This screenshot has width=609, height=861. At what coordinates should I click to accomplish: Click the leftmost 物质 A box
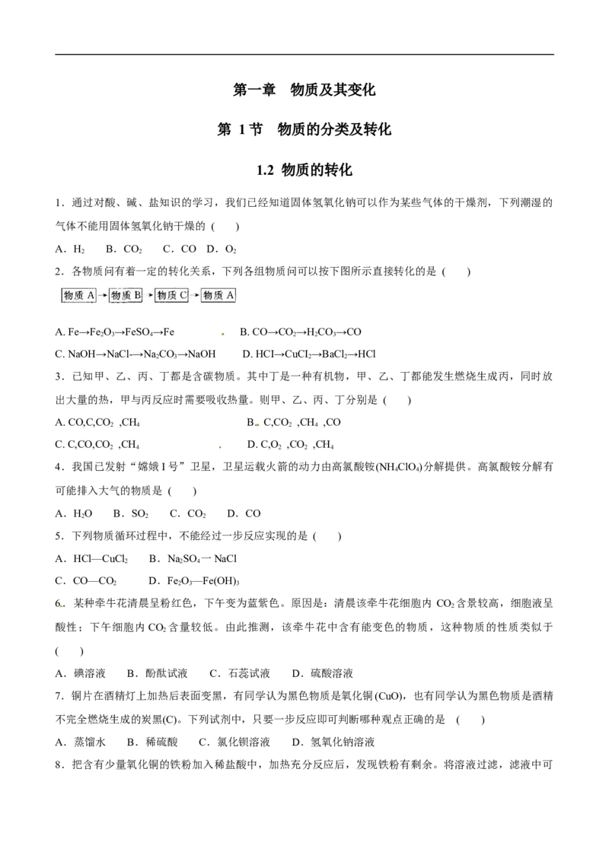79,295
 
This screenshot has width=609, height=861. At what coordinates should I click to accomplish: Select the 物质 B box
126,295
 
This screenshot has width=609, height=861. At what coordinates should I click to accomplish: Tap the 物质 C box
171,295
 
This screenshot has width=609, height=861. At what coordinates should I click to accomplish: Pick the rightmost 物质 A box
218,295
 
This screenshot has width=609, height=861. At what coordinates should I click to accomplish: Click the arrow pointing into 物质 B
103,295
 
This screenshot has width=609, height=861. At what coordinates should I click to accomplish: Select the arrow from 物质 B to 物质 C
149,295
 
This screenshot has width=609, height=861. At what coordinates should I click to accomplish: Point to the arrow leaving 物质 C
195,295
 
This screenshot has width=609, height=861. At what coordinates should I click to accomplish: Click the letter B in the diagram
137,295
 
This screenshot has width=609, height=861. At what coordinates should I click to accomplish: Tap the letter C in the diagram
183,295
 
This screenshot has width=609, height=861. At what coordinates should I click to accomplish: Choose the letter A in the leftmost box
91,295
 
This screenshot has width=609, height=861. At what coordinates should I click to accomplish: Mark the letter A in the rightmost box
231,295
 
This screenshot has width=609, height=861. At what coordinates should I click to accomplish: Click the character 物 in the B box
116,295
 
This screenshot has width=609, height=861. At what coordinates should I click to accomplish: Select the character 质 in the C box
171,295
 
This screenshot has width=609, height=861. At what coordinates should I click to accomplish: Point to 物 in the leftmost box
69,295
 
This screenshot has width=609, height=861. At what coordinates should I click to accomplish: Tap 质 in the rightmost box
218,295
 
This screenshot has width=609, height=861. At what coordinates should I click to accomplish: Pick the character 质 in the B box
126,295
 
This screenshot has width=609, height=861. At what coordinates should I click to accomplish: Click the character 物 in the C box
161,295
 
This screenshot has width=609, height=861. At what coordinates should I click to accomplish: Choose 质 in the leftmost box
79,295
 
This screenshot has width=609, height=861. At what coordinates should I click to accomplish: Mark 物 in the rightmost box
208,295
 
